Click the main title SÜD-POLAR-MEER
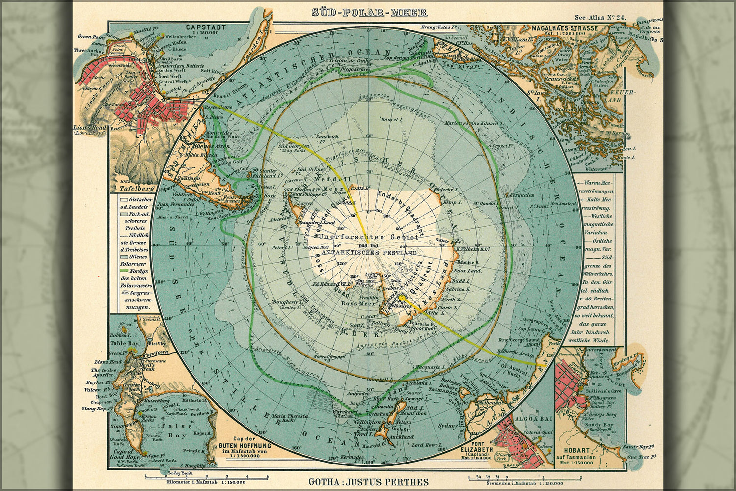click(x=369, y=13)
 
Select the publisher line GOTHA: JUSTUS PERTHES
click(x=369, y=482)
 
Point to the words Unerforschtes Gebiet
click(x=368, y=237)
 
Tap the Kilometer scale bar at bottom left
click(x=206, y=477)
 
